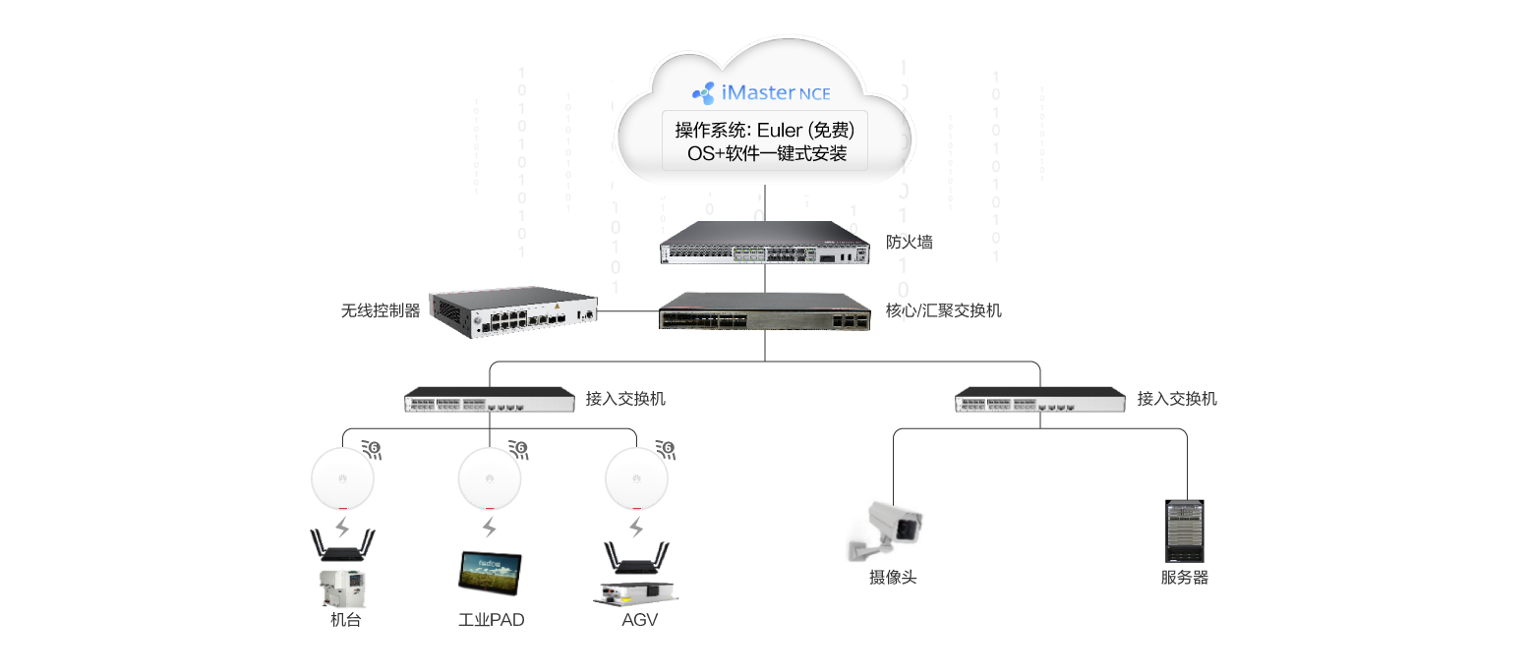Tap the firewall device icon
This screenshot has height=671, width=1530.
pyautogui.click(x=765, y=243)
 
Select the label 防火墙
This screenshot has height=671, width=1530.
pyautogui.click(x=910, y=243)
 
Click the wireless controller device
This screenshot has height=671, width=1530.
pyautogui.click(x=513, y=312)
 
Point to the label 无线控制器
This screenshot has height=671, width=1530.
pyautogui.click(x=381, y=311)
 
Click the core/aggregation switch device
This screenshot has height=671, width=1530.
pyautogui.click(x=765, y=312)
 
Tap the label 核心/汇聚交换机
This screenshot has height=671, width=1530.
pyautogui.click(x=943, y=311)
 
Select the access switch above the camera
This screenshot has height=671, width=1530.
pyautogui.click(x=1039, y=399)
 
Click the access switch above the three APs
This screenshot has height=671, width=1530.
pyautogui.click(x=490, y=399)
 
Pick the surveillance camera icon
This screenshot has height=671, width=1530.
pyautogui.click(x=885, y=531)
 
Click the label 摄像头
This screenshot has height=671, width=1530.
pyautogui.click(x=893, y=578)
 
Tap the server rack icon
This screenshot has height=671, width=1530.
pyautogui.click(x=1185, y=531)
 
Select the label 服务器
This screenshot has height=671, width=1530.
pyautogui.click(x=1185, y=578)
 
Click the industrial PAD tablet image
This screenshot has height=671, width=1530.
pyautogui.click(x=491, y=572)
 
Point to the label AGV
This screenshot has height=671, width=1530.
pyautogui.click(x=639, y=620)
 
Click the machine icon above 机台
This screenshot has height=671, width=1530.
pyautogui.click(x=343, y=588)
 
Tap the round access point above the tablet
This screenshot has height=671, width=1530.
pyautogui.click(x=490, y=478)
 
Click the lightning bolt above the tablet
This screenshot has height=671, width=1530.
pyautogui.click(x=489, y=527)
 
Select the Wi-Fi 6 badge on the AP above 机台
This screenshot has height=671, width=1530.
pyautogui.click(x=373, y=449)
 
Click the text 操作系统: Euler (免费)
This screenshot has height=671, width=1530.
pyautogui.click(x=765, y=130)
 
